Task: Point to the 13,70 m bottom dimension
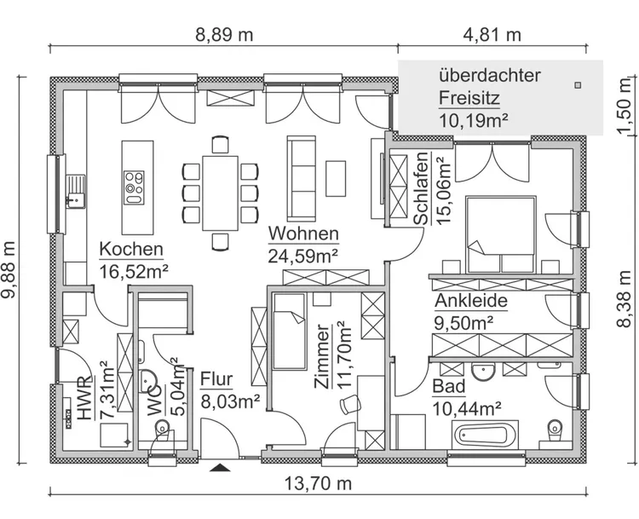317,485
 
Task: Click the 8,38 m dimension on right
625,298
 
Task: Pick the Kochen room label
131,250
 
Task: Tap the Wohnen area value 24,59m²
303,254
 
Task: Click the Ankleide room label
471,301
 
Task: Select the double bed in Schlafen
498,234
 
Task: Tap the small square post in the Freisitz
579,84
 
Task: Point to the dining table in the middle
220,193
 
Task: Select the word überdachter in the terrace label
490,75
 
